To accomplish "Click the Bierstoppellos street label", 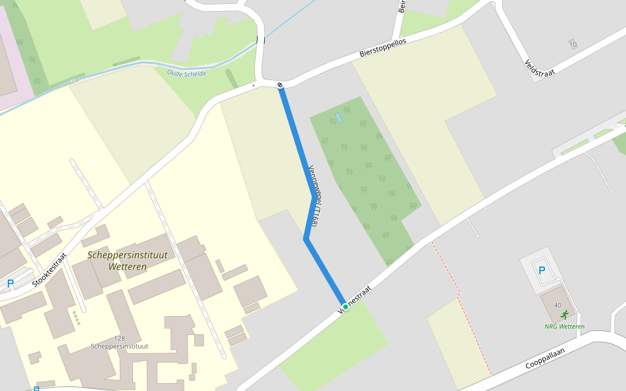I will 383,48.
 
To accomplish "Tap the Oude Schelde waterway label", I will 186,74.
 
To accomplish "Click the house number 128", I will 119,338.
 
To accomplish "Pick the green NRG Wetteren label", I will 565,326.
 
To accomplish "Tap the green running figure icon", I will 564,315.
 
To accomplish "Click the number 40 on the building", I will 557,305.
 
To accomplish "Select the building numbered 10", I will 573,44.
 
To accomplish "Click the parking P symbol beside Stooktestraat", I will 10,283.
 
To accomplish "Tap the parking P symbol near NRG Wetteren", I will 541,270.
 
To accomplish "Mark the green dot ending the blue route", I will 345,306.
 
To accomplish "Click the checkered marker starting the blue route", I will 280,85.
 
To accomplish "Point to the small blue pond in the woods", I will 337,118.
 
